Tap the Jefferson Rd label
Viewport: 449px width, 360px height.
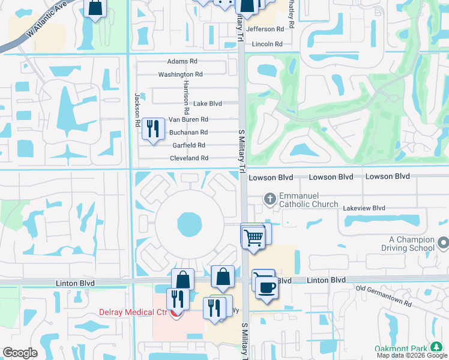point(264,29)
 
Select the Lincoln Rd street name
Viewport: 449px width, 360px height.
point(267,44)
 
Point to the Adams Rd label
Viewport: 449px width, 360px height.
point(182,61)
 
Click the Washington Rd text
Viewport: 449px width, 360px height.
point(180,74)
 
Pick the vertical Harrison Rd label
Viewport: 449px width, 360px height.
point(187,97)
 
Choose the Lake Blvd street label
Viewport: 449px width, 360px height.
point(208,103)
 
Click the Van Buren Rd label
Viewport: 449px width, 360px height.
point(188,119)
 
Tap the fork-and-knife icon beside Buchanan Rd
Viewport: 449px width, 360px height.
point(153,128)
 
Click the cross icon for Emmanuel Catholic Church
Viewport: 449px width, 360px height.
point(270,199)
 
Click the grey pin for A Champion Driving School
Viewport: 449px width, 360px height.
point(443,243)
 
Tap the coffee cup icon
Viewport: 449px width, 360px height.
point(265,286)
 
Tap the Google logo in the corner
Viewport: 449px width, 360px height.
point(20,352)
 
